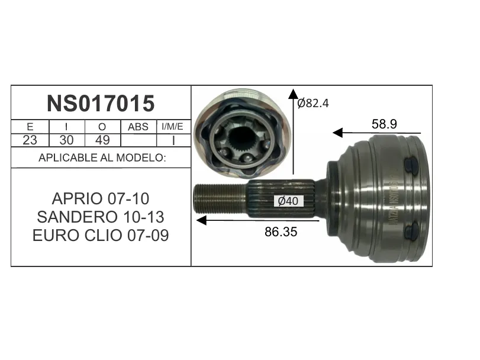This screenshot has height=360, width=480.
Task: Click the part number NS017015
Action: pyautogui.click(x=101, y=103)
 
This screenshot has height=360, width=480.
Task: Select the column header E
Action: pyautogui.click(x=30, y=127)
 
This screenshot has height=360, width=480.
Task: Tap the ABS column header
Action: pyautogui.click(x=138, y=127)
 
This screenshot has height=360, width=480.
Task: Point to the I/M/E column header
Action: pyautogui.click(x=172, y=127)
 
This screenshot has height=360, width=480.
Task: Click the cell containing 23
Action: pyautogui.click(x=30, y=140)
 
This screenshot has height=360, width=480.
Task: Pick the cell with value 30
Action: pyautogui.click(x=66, y=140)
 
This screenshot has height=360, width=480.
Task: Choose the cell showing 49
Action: pyautogui.click(x=102, y=140)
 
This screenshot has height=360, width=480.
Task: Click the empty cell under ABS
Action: pyautogui.click(x=138, y=140)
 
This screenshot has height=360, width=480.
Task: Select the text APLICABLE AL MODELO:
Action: pyautogui.click(x=102, y=157)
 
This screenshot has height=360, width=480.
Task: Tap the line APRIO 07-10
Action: pyautogui.click(x=101, y=199)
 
